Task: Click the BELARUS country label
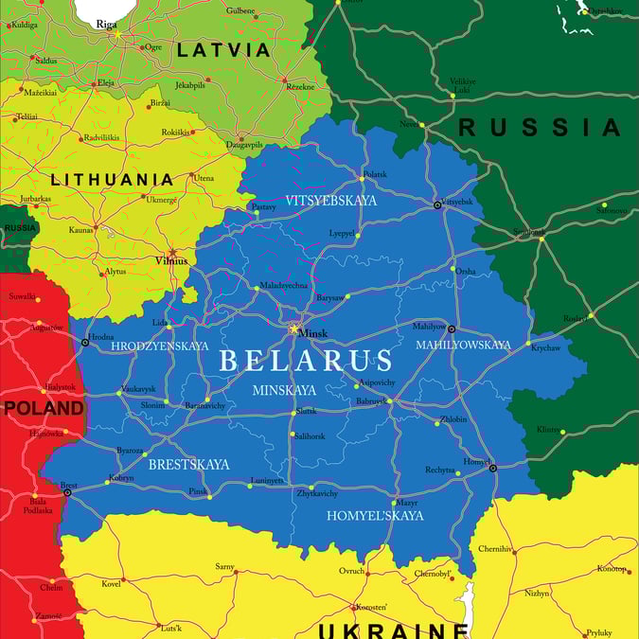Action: (x=305, y=361)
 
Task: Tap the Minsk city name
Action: (x=312, y=333)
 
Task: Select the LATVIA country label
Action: (x=224, y=50)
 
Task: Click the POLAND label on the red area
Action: (x=44, y=408)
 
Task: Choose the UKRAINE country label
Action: (x=393, y=630)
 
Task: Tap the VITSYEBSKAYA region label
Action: (x=331, y=201)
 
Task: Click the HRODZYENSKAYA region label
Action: (x=159, y=346)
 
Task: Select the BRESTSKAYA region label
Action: (x=188, y=465)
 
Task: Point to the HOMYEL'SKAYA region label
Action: (x=375, y=516)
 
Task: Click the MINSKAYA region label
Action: (x=284, y=390)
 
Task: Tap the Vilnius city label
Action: (x=171, y=260)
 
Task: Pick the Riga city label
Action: (x=106, y=25)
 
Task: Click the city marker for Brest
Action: (x=67, y=492)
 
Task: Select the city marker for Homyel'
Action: (x=492, y=467)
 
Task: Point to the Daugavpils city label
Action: (x=243, y=144)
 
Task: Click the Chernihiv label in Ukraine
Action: (x=495, y=548)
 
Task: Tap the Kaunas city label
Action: (x=81, y=229)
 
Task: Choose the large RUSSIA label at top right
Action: (x=540, y=127)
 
